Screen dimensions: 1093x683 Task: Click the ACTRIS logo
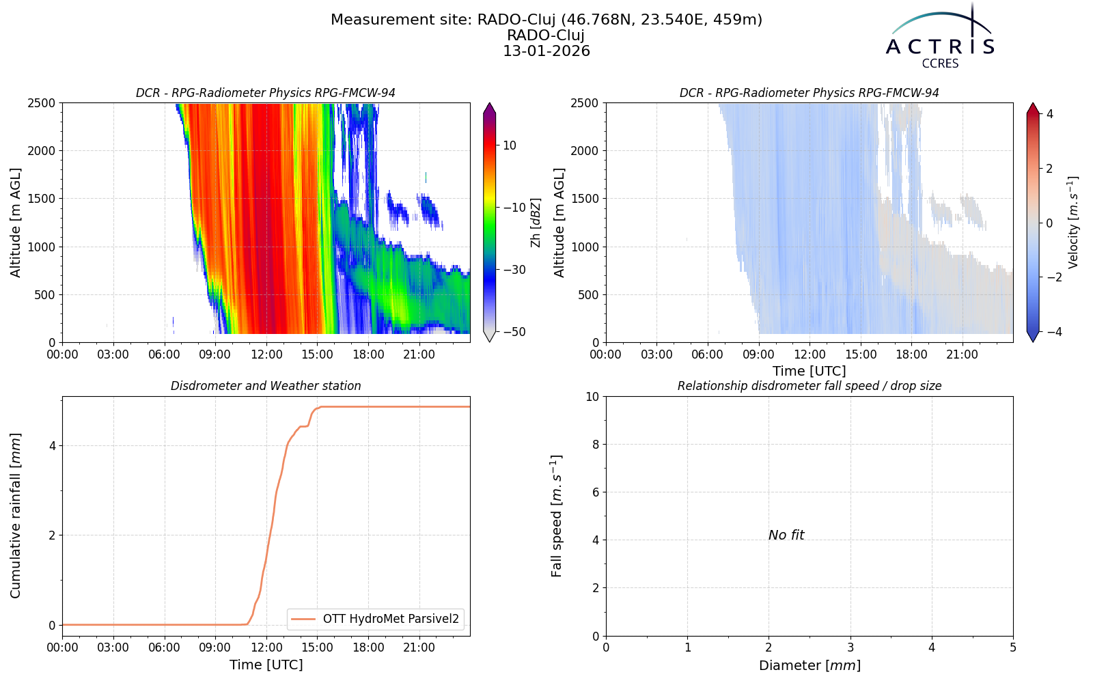(x=940, y=37)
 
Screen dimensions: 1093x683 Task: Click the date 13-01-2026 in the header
(x=546, y=51)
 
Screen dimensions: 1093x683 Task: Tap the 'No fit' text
(x=786, y=535)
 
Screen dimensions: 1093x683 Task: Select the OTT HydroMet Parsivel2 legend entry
(x=375, y=619)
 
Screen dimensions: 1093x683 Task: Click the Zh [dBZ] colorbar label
(x=536, y=223)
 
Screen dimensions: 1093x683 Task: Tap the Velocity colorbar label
(x=1073, y=223)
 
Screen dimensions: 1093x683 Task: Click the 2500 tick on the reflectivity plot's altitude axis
(x=42, y=103)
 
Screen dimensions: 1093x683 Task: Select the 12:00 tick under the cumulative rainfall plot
(x=266, y=648)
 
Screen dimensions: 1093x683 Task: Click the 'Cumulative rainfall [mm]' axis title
(x=16, y=516)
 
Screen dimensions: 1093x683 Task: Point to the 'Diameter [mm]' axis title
(x=810, y=665)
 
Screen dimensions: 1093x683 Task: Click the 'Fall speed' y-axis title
(x=557, y=516)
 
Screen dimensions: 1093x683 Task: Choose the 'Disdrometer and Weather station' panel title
(x=266, y=386)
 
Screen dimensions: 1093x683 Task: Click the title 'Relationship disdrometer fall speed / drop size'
(x=810, y=386)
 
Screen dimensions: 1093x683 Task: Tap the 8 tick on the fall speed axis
(x=596, y=445)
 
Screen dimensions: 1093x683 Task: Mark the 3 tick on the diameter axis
(x=850, y=648)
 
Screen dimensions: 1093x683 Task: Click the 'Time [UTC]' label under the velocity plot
(x=810, y=372)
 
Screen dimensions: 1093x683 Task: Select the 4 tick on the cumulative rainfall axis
(x=52, y=446)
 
